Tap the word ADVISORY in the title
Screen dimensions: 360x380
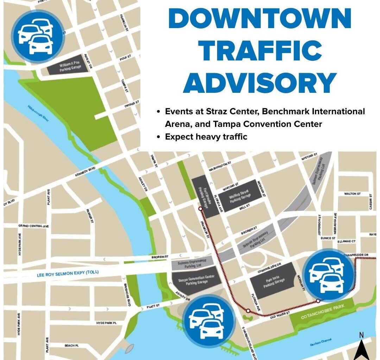[260, 83]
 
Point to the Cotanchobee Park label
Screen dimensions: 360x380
[321, 312]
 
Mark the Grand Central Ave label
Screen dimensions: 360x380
[34, 226]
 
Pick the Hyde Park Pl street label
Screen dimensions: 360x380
[106, 323]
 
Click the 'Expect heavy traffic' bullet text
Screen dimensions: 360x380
[206, 137]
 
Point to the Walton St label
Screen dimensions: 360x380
[353, 194]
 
